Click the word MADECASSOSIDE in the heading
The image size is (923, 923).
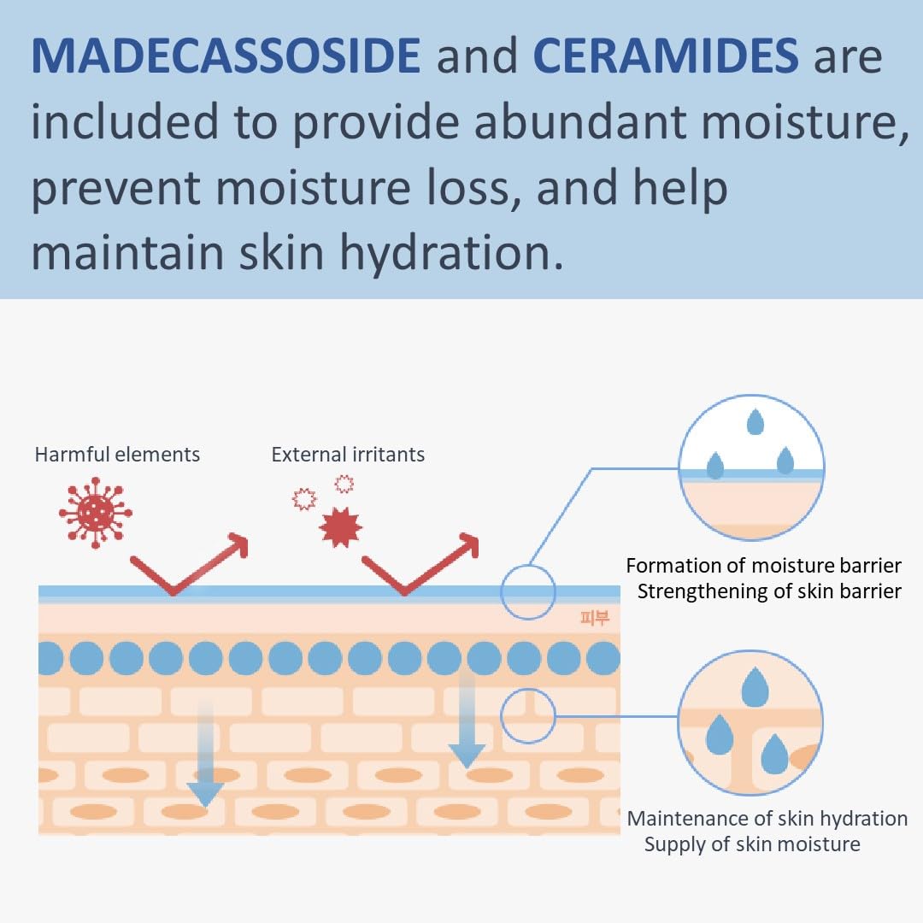coord(226,57)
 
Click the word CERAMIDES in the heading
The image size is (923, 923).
coord(666,57)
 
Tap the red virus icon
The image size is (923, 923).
coord(95,513)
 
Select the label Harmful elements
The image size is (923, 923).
coord(117,454)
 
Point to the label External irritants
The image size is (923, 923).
coord(348,454)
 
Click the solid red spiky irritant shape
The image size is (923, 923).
coord(340,526)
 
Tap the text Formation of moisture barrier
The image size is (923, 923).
coord(763,565)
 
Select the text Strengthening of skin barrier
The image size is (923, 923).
coord(769,591)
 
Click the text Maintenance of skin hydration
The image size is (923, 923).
coord(767,818)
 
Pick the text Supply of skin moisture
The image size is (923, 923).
coord(752,844)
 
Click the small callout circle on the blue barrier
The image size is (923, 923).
coord(528,591)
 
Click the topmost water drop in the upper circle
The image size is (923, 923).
coord(755,421)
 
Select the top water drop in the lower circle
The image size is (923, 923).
coord(755,687)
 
